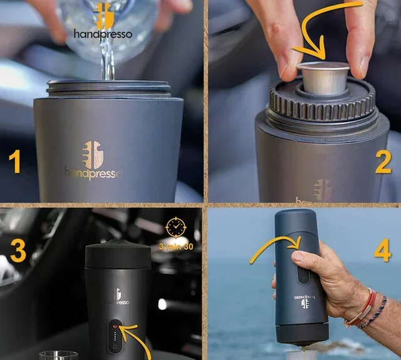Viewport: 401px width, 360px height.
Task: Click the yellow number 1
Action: click(16, 160)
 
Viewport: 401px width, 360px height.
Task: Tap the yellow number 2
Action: click(383, 161)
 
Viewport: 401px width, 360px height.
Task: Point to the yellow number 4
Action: click(382, 250)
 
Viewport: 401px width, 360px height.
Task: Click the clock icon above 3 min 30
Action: click(175, 227)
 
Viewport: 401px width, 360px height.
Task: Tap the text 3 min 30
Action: click(175, 246)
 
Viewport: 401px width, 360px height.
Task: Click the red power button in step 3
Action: click(115, 326)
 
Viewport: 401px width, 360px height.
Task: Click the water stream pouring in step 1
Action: click(108, 59)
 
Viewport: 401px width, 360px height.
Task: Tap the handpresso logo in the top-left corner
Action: click(103, 22)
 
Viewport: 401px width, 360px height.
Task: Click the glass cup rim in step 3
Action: click(58, 355)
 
